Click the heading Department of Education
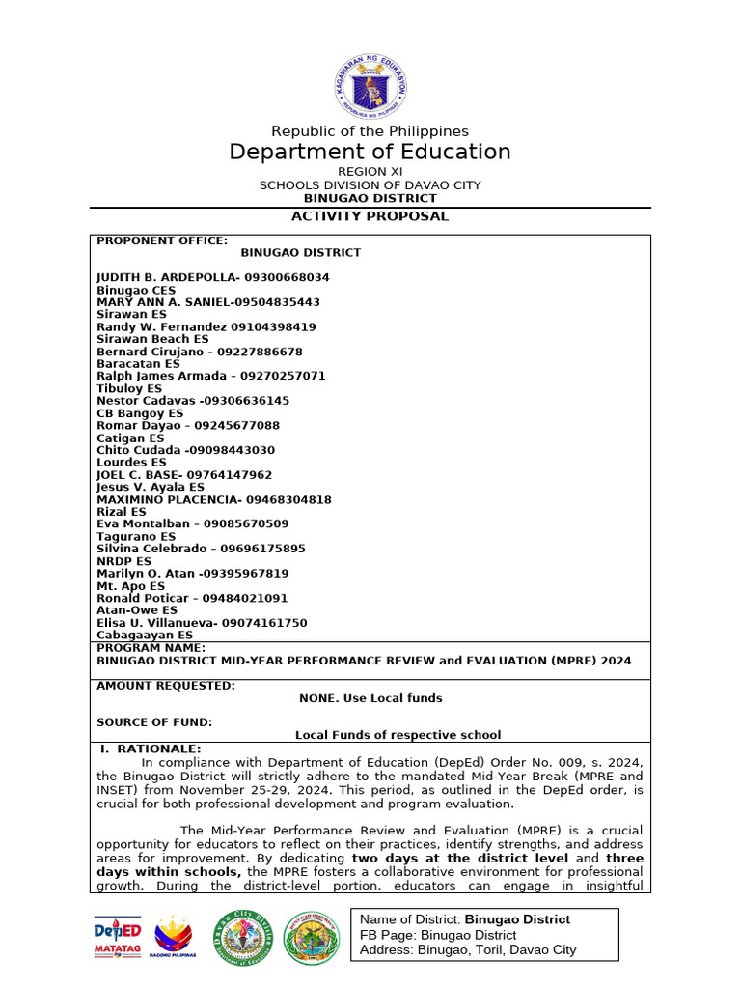click(x=370, y=152)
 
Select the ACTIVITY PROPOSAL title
click(x=370, y=216)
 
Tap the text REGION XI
click(x=370, y=172)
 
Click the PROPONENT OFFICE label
click(x=162, y=240)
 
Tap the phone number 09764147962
click(x=228, y=475)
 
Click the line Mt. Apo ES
click(x=130, y=586)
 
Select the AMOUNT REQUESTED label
click(x=165, y=686)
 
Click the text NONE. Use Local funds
click(x=370, y=698)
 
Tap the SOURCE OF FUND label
click(x=153, y=722)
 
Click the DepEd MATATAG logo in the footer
click(x=118, y=938)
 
